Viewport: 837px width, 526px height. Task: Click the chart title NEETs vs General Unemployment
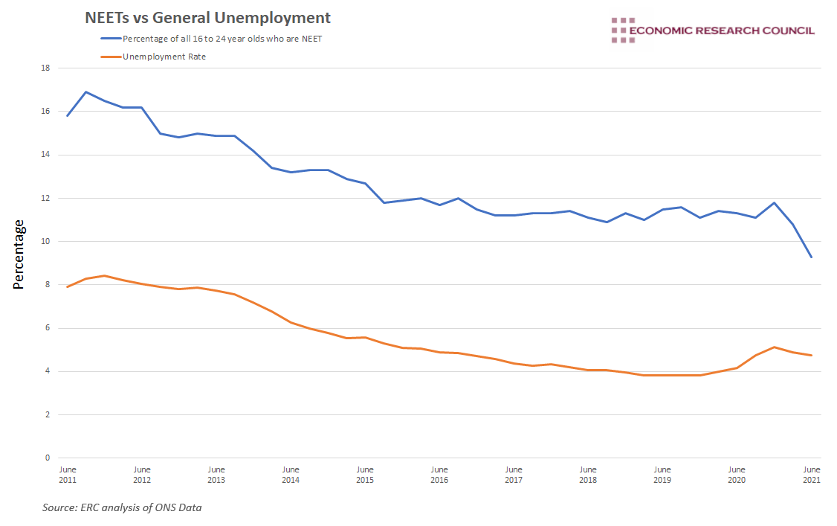tap(208, 17)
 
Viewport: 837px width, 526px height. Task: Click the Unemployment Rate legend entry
tap(164, 57)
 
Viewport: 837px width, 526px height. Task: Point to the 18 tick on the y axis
tap(45, 68)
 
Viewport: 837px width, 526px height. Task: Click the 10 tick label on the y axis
tap(45, 241)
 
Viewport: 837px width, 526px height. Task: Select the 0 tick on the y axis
tap(48, 458)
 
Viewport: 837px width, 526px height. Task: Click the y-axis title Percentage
tap(19, 254)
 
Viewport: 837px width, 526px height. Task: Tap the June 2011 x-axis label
tap(68, 475)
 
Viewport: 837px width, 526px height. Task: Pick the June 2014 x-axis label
tap(291, 475)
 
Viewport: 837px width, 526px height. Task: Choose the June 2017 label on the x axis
tap(514, 475)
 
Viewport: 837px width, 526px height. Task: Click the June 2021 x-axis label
tap(811, 475)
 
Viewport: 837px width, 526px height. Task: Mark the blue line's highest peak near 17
tap(86, 92)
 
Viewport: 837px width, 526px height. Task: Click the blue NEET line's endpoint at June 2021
tap(811, 257)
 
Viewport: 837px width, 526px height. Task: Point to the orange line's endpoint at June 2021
tap(811, 355)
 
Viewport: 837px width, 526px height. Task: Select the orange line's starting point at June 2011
tap(68, 286)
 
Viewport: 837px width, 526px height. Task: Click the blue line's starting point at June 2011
tap(68, 115)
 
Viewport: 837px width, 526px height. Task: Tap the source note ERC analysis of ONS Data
tap(122, 508)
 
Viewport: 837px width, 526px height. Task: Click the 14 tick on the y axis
tap(45, 155)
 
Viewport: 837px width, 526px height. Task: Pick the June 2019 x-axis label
tap(662, 475)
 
